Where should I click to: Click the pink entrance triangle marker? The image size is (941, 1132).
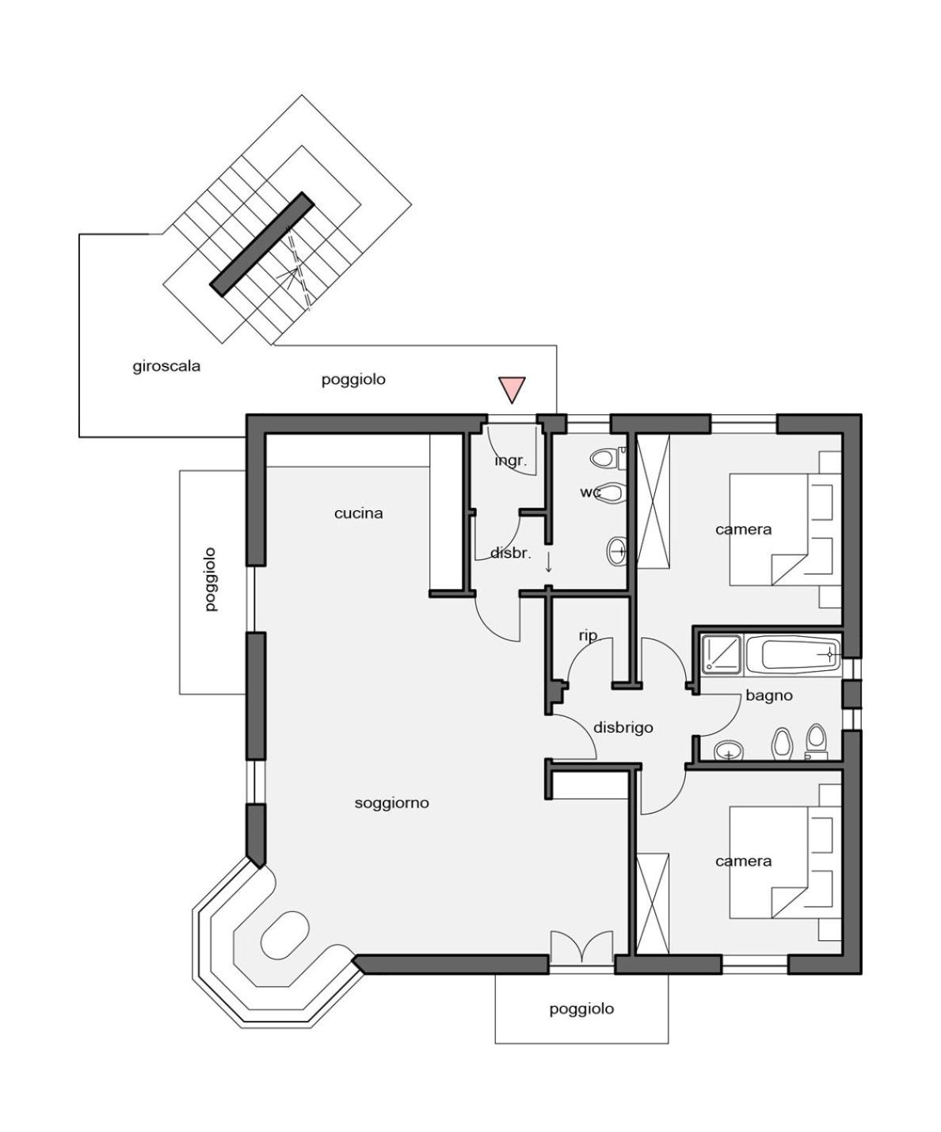click(512, 389)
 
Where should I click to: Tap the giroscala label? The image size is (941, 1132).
click(166, 367)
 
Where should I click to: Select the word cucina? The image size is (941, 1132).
click(358, 513)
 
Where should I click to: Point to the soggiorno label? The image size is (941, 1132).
click(391, 803)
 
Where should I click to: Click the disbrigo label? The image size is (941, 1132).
click(623, 727)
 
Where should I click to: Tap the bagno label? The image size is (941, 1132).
click(768, 696)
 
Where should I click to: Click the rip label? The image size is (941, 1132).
click(588, 635)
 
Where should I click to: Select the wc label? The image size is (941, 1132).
click(590, 492)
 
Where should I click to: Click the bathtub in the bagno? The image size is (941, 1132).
click(794, 655)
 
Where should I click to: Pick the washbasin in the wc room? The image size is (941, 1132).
click(616, 551)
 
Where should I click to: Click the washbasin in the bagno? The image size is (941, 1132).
click(729, 752)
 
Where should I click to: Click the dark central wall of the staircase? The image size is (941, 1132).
click(262, 244)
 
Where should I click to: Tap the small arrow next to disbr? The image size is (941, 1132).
click(549, 562)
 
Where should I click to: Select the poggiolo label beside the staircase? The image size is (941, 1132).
click(353, 379)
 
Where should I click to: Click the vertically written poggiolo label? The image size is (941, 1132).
click(211, 580)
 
